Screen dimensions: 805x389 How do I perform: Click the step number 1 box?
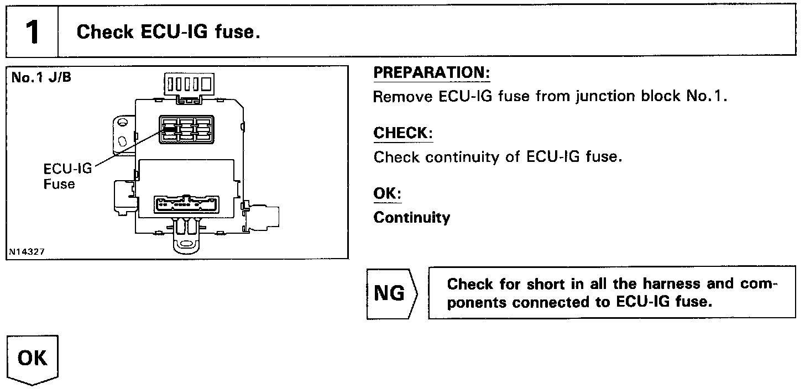pos(32,32)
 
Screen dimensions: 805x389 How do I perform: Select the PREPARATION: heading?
pos(432,73)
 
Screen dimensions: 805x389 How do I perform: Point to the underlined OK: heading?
pos(387,194)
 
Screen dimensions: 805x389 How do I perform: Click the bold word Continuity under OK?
pos(412,218)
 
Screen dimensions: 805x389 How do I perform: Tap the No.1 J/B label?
pos(41,77)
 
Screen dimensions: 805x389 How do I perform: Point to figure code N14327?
pos(27,251)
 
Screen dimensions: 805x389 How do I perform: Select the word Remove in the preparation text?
pos(403,97)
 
